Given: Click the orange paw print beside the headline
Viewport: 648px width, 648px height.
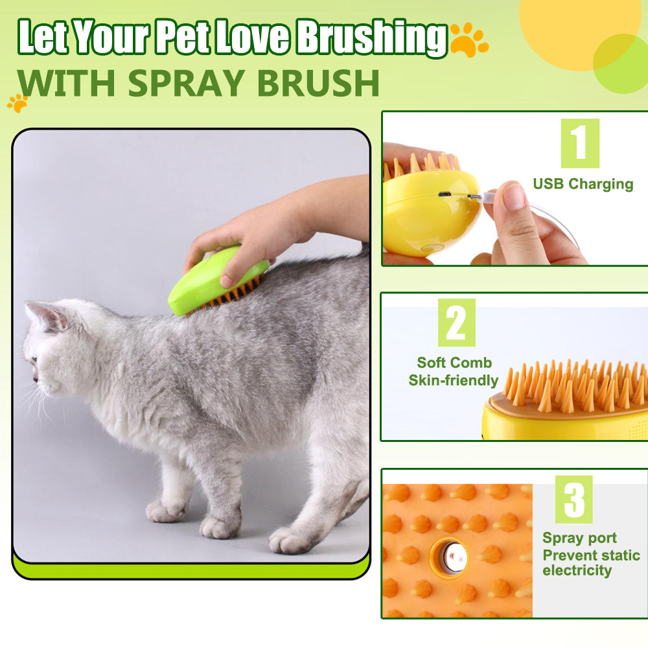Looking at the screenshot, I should (468, 40).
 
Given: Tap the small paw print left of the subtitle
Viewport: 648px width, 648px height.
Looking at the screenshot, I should (17, 102).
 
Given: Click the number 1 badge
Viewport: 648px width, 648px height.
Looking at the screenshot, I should (579, 143).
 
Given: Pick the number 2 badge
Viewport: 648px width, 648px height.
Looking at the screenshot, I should (456, 322).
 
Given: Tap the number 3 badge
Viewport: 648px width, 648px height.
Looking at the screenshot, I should (573, 499).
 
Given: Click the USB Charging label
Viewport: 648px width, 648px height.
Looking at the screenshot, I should (583, 184).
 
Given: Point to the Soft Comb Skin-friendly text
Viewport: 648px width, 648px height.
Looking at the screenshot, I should (454, 371).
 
